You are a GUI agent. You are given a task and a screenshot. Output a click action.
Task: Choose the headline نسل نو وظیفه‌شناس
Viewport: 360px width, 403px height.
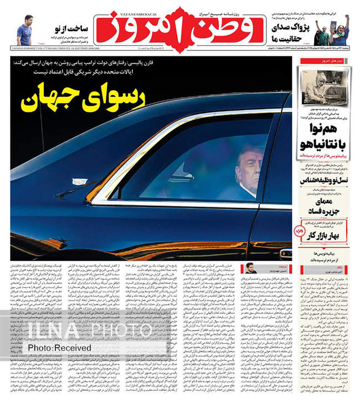coord(323,182)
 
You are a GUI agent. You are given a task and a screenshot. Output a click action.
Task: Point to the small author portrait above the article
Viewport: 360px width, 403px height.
coord(251,268)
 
